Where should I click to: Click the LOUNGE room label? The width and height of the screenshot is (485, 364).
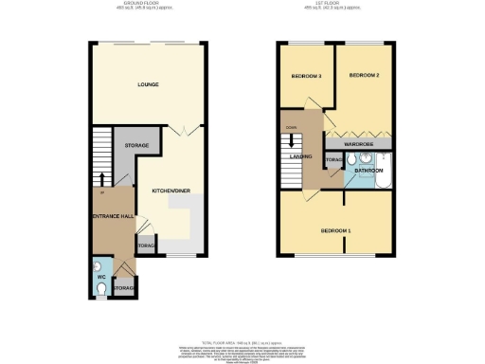(147, 84)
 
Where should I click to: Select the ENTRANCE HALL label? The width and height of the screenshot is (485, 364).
(111, 217)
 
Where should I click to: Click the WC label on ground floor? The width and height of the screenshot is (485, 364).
(102, 278)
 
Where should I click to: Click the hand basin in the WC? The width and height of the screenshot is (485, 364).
(99, 264)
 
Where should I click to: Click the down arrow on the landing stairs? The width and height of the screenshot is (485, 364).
(292, 145)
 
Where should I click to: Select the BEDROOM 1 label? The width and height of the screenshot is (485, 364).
(335, 231)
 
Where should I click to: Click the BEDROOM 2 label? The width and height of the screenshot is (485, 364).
(364, 75)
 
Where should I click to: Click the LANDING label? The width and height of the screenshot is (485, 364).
(301, 158)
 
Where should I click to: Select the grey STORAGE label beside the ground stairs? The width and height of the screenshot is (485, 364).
(136, 145)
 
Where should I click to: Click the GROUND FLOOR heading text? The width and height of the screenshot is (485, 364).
(147, 6)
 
